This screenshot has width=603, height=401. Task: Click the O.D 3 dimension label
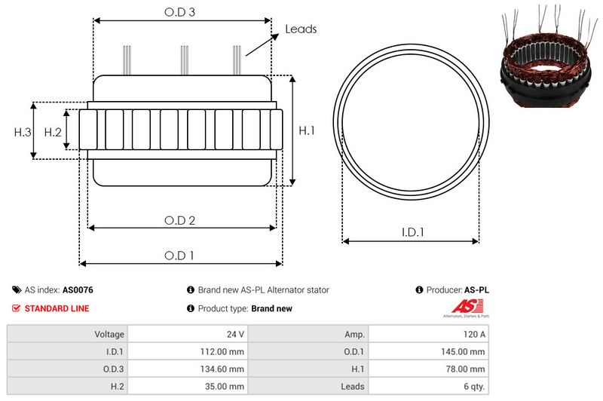tap(181, 12)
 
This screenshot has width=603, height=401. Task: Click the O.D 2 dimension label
tap(181, 220)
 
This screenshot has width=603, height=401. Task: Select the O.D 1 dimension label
tap(181, 256)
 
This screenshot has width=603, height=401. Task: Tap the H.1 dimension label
tap(306, 131)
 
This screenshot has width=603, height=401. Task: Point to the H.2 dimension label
tap(52, 132)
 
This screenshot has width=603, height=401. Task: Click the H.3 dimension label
tap(22, 132)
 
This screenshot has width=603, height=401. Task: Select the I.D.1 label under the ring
tap(412, 233)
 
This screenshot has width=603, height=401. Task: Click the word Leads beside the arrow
tap(301, 29)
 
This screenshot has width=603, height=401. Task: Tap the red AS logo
tap(461, 306)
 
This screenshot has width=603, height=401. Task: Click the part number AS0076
tap(78, 289)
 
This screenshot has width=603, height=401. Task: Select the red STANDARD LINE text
tap(57, 308)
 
